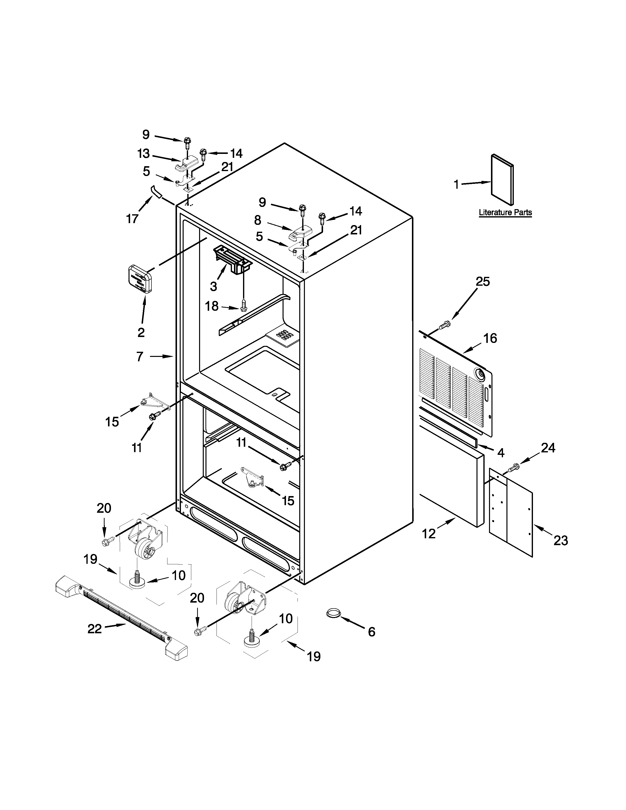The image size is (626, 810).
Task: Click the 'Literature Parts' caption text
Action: [x=505, y=213]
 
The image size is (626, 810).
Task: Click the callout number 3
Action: [x=214, y=286]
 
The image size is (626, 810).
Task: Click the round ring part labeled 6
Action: [x=333, y=613]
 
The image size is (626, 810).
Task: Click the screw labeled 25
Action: [x=444, y=326]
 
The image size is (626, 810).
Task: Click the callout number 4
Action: [x=501, y=453]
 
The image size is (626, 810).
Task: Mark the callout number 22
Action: [x=95, y=629]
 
